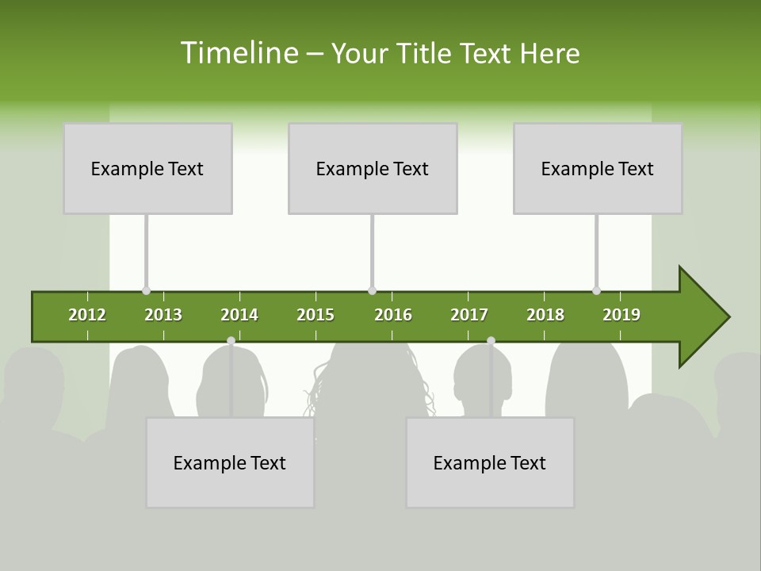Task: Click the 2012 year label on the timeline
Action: point(87,315)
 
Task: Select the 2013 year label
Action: point(163,315)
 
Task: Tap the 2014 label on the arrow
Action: point(239,315)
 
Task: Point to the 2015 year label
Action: point(315,315)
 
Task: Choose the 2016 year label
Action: point(393,315)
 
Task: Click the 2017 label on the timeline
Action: point(469,315)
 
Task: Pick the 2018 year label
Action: point(545,315)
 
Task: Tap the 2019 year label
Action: point(621,315)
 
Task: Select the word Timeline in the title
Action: point(237,53)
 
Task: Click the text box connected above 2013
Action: point(147,168)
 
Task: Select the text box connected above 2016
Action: point(373,168)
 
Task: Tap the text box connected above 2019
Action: point(598,168)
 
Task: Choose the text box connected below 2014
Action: point(230,462)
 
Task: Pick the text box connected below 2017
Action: point(490,462)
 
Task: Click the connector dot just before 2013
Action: point(146,291)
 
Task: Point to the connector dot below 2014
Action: point(231,341)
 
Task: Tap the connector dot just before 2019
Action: point(596,291)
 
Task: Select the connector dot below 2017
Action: point(491,341)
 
